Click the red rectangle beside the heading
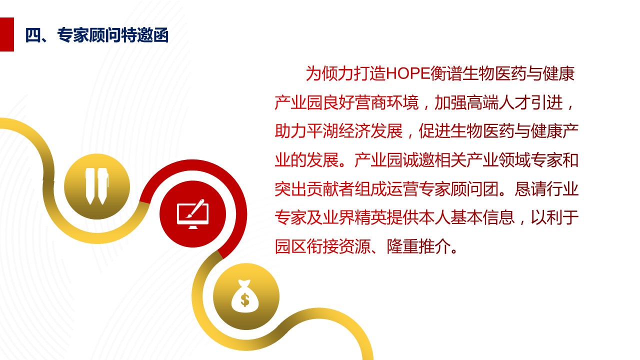[x=7, y=34]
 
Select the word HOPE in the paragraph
[x=408, y=73]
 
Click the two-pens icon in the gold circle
[x=97, y=186]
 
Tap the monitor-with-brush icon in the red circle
[x=193, y=213]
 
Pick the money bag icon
[x=245, y=296]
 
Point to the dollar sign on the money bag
[x=245, y=299]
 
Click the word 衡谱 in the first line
[x=446, y=73]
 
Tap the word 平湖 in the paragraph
[x=322, y=131]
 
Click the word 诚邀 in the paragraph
[x=418, y=160]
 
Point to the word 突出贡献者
[x=314, y=189]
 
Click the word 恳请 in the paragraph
[x=530, y=189]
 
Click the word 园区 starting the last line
[x=290, y=246]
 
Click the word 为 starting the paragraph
[x=313, y=73]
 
